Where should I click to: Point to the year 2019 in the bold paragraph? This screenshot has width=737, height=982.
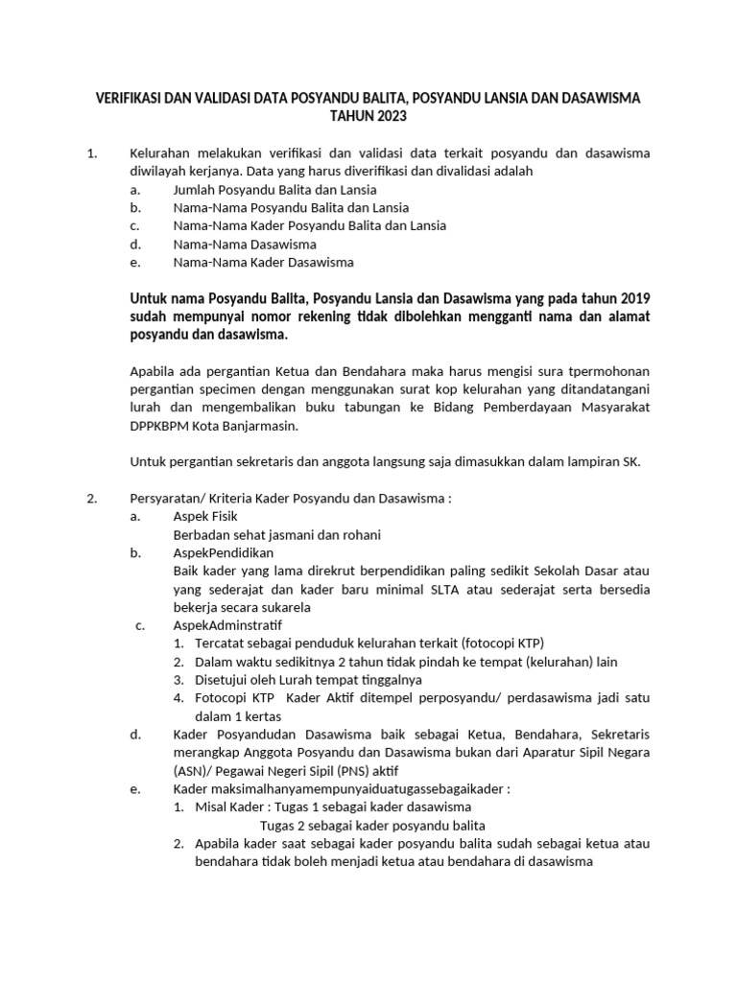tap(633, 298)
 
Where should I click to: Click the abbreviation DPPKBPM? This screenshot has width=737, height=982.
tap(160, 426)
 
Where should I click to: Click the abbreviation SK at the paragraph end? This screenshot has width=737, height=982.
tap(629, 461)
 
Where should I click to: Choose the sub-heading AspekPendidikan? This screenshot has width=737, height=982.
tap(223, 553)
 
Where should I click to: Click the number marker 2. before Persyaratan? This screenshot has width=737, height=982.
tap(92, 499)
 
